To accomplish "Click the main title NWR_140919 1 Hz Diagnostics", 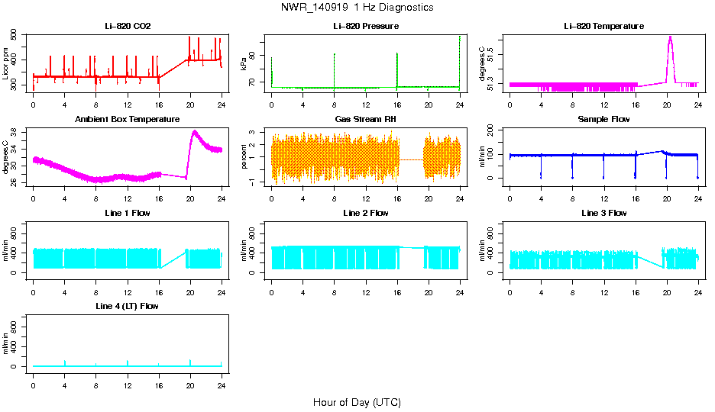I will [357, 7].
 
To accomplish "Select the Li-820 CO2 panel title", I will [128, 26].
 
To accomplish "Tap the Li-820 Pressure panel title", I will [366, 26].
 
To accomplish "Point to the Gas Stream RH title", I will [366, 120].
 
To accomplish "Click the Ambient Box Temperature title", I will [128, 120].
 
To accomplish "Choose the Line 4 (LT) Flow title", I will [128, 306].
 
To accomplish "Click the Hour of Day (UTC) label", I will [357, 402].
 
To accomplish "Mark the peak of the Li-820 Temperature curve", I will [670, 37].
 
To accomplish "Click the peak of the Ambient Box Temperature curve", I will [194, 131].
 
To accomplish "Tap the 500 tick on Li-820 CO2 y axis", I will [15, 36].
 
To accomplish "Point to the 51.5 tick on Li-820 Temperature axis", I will [492, 54].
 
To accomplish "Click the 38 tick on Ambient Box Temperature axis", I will [15, 132].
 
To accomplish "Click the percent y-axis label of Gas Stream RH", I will [244, 157].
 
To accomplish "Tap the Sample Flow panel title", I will [603, 120].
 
